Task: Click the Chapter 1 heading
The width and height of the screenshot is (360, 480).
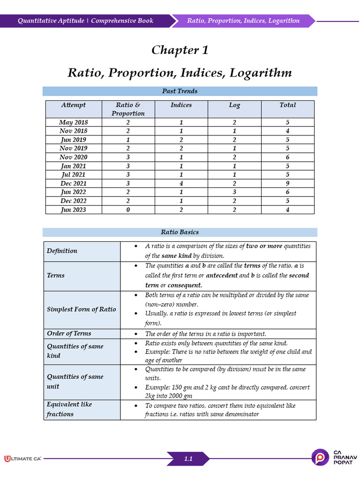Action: (180, 50)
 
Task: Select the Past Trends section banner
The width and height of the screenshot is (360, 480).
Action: (180, 91)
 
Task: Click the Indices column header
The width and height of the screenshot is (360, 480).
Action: (181, 105)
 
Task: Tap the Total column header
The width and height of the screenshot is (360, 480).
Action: (287, 105)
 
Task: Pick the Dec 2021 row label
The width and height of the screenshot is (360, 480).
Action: (73, 183)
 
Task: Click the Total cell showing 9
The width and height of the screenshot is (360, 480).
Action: (287, 183)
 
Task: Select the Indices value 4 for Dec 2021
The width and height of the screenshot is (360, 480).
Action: (181, 183)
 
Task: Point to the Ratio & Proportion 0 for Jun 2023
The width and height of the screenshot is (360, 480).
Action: (127, 210)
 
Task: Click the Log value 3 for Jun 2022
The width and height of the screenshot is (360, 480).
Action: (234, 192)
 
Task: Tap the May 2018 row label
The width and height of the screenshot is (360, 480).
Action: (73, 122)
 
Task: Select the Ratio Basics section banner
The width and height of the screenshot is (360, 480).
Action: (180, 232)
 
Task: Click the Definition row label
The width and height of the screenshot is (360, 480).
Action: (62, 251)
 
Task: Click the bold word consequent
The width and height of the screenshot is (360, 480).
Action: (185, 285)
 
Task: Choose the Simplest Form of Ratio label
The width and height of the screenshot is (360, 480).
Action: (81, 309)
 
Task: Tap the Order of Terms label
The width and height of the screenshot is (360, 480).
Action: (69, 333)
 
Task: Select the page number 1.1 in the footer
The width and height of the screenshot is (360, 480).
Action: (188, 459)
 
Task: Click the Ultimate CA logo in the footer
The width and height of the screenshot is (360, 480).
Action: (22, 458)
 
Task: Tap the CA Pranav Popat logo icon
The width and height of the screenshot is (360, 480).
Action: (321, 457)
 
